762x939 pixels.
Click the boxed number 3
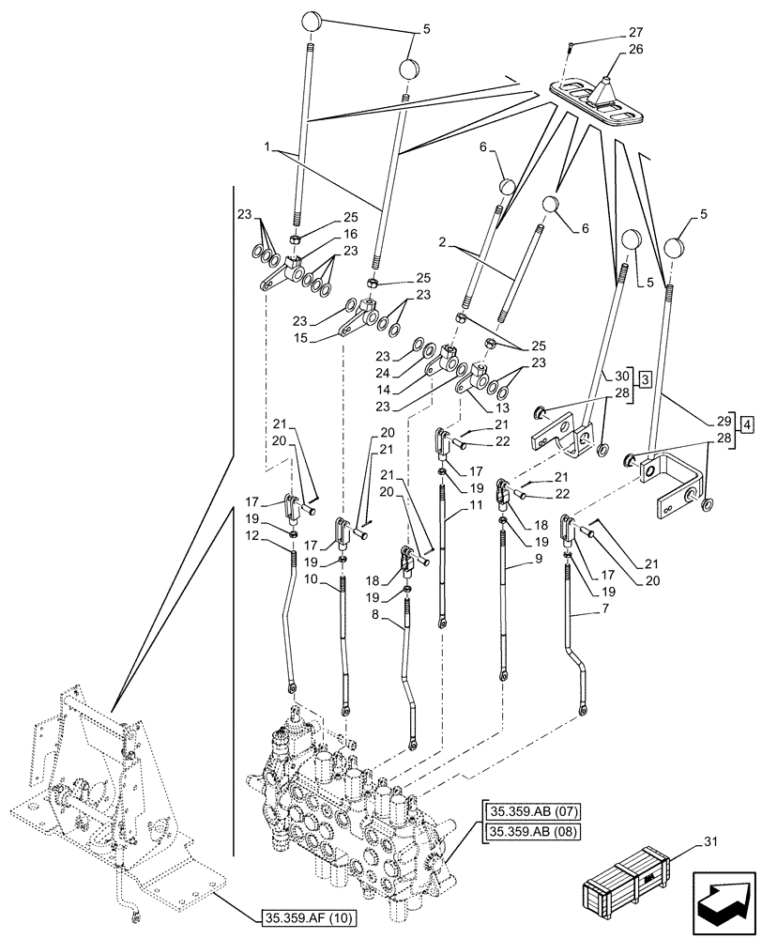click(x=647, y=378)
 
